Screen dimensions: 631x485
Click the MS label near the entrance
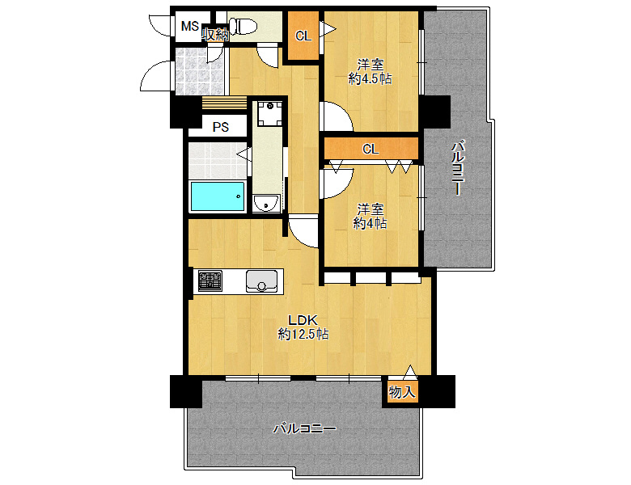(x=189, y=26)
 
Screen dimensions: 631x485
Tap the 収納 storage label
(x=215, y=34)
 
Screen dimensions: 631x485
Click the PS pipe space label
(x=221, y=127)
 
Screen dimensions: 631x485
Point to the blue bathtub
(x=218, y=196)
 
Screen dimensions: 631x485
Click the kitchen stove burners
(x=210, y=280)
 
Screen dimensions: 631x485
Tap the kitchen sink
(x=261, y=281)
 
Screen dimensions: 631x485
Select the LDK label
(x=303, y=320)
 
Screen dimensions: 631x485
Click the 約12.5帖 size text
(x=303, y=334)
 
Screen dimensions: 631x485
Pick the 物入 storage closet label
(x=401, y=391)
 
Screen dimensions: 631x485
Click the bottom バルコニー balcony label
(x=305, y=428)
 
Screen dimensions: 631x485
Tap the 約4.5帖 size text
(x=371, y=78)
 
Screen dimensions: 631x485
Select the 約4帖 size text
(x=371, y=223)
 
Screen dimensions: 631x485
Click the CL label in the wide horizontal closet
(x=371, y=150)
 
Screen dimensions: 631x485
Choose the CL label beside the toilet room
(x=303, y=36)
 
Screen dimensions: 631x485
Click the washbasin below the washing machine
(x=266, y=203)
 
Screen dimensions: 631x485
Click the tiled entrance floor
(x=200, y=71)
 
